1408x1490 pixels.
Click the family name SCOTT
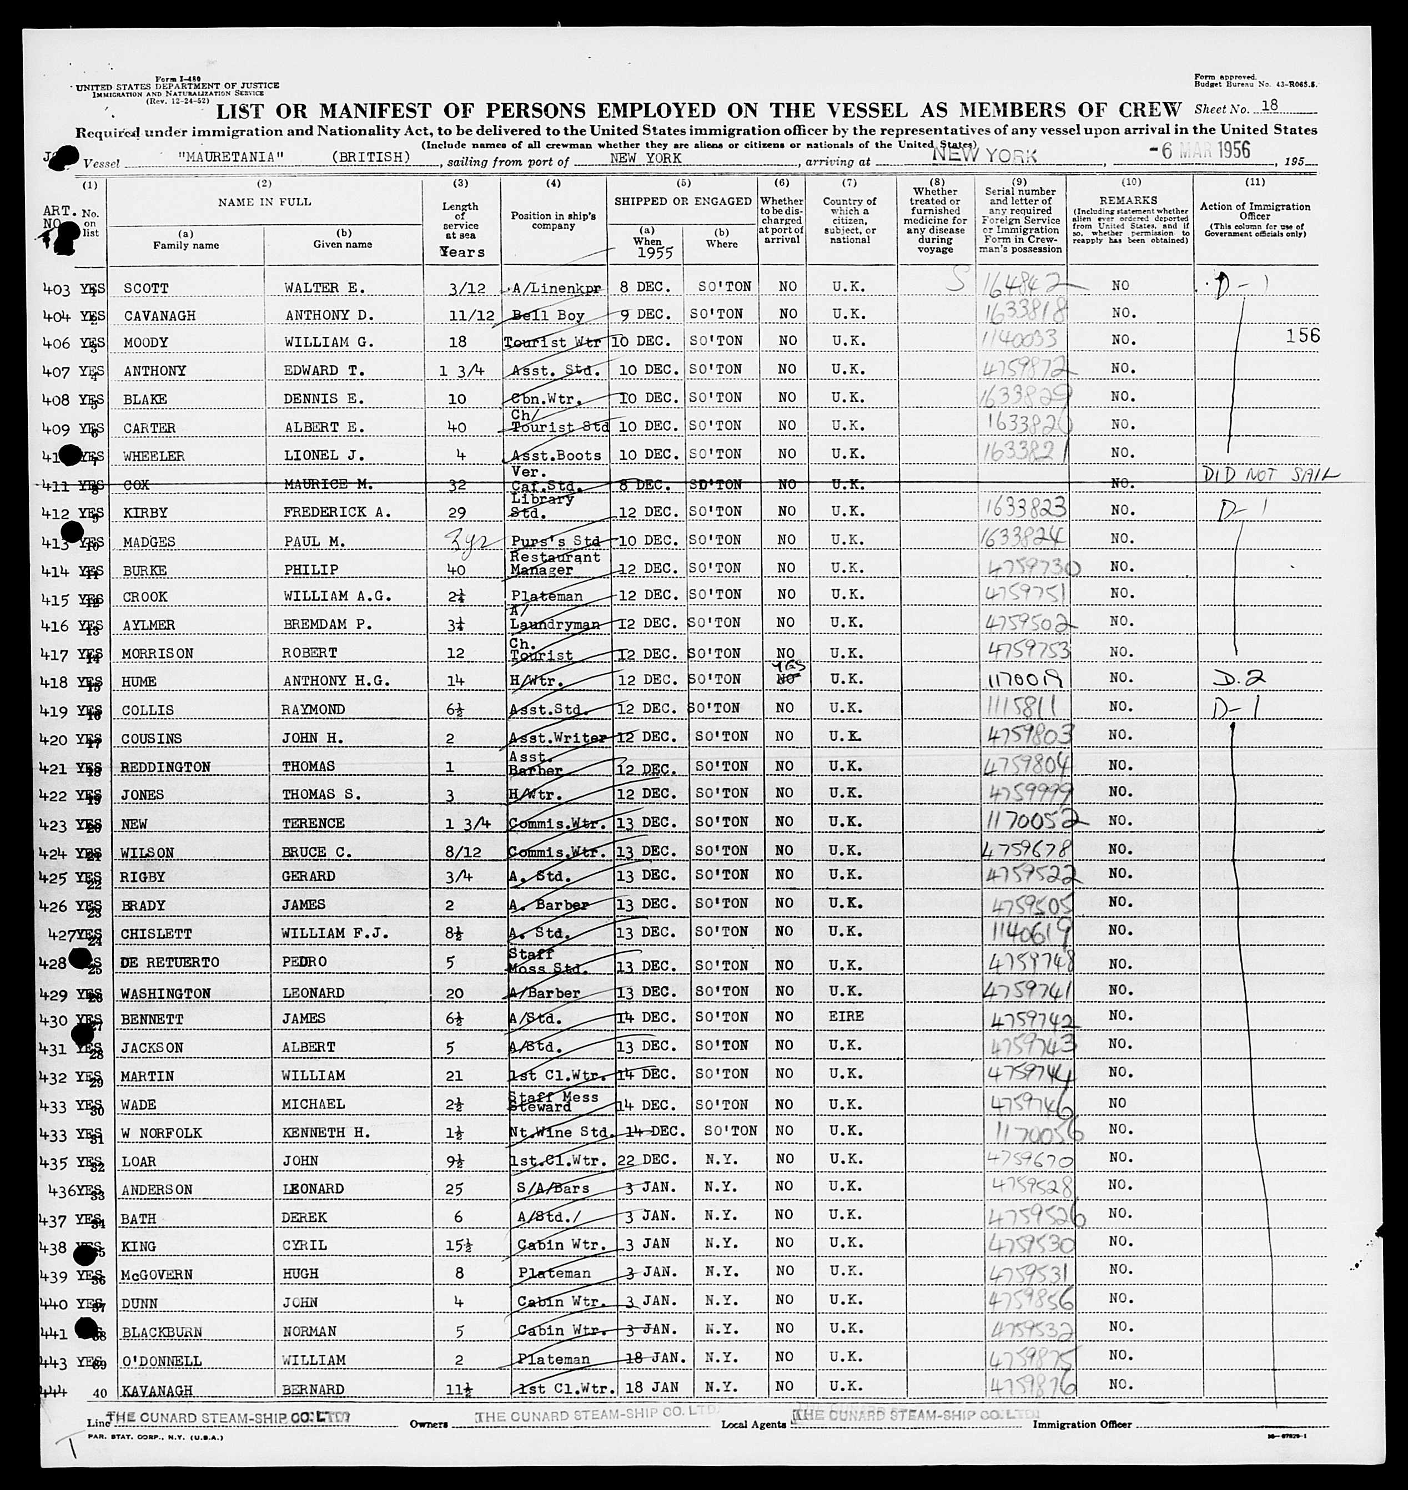pos(147,288)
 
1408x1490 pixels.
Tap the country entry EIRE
pos(849,1016)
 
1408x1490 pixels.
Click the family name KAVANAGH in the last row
pos(157,1390)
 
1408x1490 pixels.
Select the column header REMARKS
pos(1129,201)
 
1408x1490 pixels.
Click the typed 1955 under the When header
pos(647,253)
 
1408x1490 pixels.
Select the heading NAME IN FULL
pos(264,202)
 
